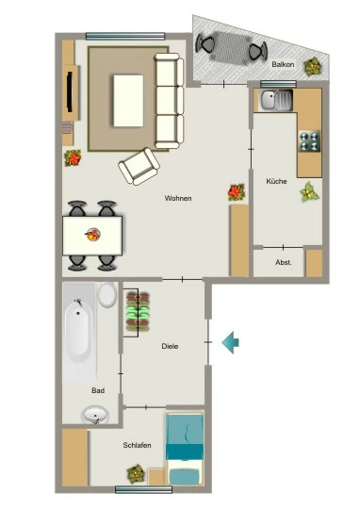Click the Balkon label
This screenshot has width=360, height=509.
tap(283, 64)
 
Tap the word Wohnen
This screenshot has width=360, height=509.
tap(178, 198)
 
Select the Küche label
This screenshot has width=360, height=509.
tap(276, 181)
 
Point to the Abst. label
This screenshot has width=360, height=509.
tap(283, 262)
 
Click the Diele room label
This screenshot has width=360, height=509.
tap(170, 346)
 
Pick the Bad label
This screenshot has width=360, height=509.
tap(98, 390)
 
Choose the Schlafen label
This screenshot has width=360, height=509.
tap(137, 445)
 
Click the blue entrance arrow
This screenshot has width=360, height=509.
tap(230, 342)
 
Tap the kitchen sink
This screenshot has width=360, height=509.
tap(275, 99)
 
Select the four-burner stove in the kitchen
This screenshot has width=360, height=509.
tap(309, 140)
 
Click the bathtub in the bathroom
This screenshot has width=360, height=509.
tap(78, 331)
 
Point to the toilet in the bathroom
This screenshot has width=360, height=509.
tap(107, 295)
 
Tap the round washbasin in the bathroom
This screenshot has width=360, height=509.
tap(95, 415)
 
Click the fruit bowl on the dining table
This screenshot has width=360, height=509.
tap(93, 234)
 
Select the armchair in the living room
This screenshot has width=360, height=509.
tap(139, 166)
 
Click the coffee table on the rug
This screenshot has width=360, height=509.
tap(128, 101)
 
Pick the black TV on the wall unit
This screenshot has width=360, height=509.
tap(70, 92)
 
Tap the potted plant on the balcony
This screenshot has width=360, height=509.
tap(313, 67)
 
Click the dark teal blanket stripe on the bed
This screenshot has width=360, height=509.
tap(185, 452)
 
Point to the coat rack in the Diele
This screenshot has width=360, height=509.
tap(138, 313)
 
